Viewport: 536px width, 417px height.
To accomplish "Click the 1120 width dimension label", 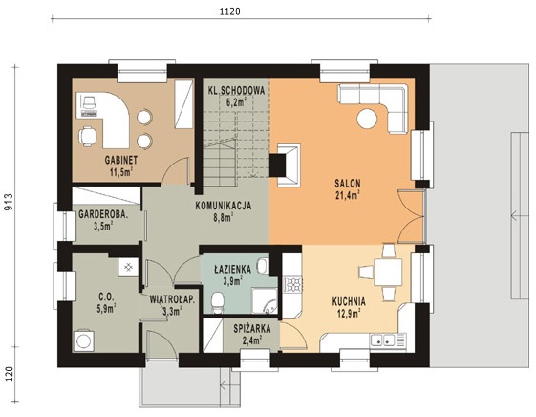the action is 229,11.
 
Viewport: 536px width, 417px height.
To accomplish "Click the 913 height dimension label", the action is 9,203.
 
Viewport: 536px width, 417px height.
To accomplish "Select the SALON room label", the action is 348,184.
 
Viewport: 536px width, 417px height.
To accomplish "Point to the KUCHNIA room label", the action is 349,301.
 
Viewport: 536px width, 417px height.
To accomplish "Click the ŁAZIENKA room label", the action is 233,269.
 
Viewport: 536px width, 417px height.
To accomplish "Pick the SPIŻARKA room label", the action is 252,329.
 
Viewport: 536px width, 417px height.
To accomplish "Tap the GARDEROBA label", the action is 103,214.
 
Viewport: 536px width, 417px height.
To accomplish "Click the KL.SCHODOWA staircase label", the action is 237,91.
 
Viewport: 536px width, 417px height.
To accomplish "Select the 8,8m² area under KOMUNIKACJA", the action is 224,217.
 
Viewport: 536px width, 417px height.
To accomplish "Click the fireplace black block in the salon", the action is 278,165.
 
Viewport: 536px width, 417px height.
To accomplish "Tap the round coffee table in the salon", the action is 367,119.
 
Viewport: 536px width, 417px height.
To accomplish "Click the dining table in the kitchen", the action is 388,273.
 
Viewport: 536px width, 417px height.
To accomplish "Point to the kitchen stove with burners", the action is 293,284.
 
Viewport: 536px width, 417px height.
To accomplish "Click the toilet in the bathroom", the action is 218,302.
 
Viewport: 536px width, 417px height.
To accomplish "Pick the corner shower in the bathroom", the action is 265,300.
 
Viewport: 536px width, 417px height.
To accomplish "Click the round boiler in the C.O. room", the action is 83,340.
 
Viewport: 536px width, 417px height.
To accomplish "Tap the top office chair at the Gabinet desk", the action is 88,102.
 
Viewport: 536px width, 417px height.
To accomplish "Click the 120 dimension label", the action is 9,374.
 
